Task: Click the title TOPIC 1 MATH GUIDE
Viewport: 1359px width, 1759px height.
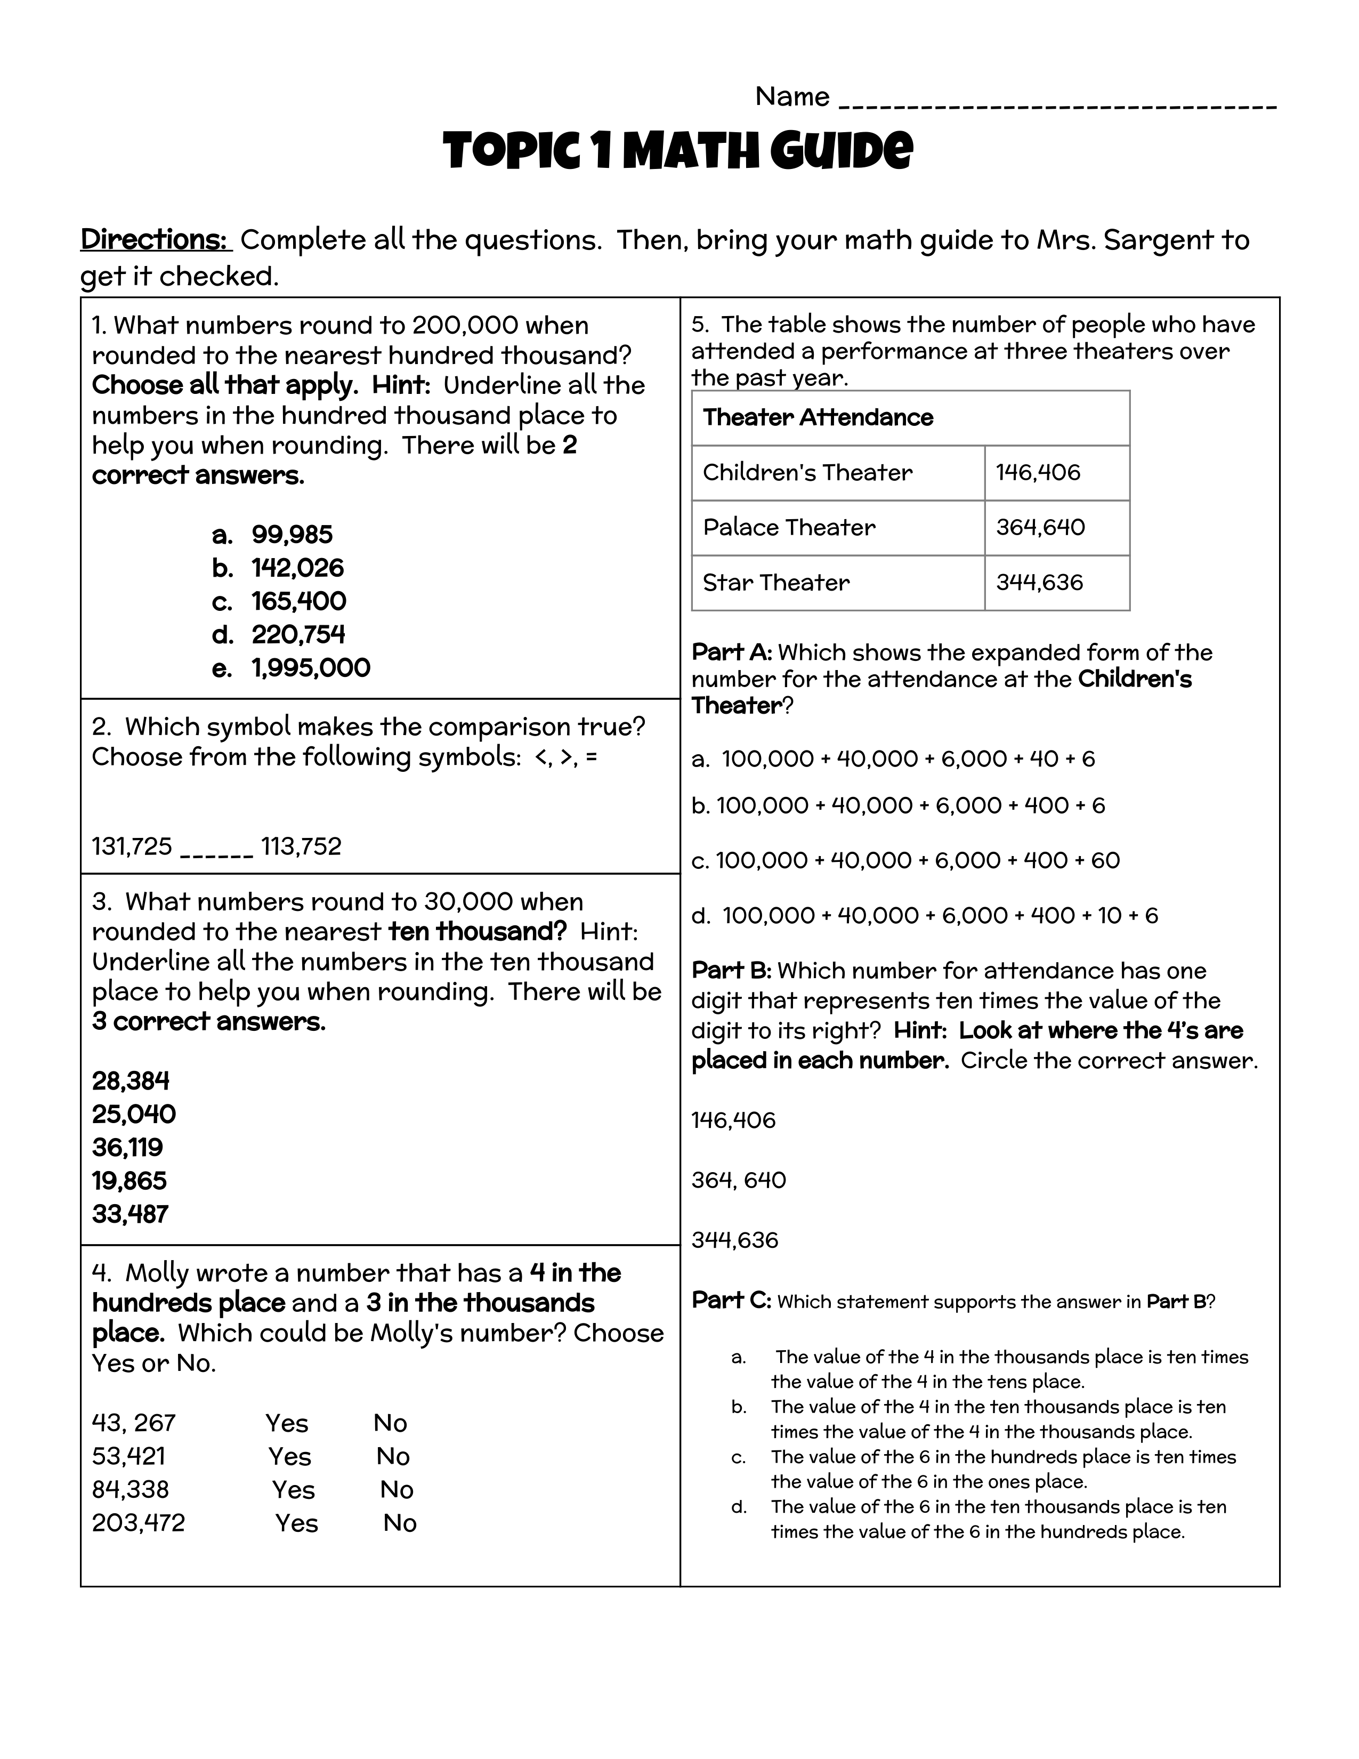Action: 678,151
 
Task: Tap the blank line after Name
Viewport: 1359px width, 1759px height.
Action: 1057,103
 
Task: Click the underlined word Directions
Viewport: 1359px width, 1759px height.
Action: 156,240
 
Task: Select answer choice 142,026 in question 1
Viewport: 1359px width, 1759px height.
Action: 297,568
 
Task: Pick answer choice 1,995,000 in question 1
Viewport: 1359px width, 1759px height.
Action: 311,668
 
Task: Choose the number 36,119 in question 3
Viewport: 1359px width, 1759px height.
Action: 127,1147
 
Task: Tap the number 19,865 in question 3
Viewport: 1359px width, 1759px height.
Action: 129,1181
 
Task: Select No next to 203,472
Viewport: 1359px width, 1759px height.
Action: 399,1523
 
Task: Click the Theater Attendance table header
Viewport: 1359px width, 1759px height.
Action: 818,417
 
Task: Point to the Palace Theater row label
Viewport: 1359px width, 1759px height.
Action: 789,528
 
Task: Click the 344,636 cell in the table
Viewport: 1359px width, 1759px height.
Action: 1039,582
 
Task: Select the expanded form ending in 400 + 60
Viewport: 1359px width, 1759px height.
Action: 905,860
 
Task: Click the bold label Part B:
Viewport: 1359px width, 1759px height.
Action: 731,971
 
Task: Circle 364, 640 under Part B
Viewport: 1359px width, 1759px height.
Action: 738,1180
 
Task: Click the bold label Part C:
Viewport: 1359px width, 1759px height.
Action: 731,1301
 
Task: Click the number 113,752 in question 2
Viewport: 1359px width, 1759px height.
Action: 301,846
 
